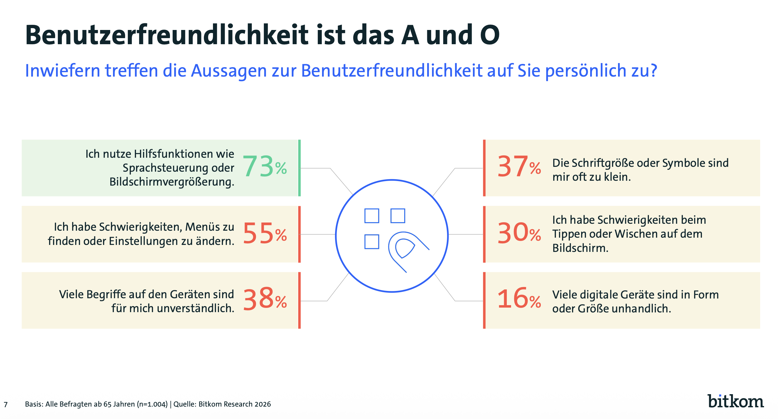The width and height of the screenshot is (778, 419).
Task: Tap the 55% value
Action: (264, 233)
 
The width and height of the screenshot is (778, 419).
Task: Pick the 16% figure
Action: (519, 299)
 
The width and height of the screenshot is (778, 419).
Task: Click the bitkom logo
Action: (736, 401)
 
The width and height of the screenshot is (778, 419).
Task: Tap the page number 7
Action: (5, 404)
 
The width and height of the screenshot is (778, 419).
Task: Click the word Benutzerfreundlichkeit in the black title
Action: (167, 35)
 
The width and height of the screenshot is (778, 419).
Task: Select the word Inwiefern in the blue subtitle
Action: (62, 71)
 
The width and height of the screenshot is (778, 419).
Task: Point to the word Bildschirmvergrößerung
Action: (172, 182)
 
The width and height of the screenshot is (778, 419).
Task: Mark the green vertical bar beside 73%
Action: (299, 168)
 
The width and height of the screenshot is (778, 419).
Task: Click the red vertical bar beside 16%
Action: (484, 300)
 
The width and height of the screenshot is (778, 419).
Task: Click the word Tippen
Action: (566, 234)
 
